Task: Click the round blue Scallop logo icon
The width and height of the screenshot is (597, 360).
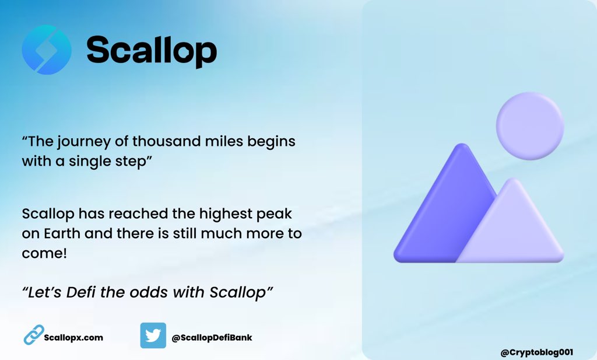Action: coord(47,50)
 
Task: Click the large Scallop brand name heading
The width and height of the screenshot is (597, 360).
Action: coord(152,50)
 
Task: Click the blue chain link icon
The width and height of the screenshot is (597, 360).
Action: coord(33,335)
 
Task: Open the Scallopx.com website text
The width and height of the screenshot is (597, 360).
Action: coord(73,337)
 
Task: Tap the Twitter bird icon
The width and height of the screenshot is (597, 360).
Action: coord(153,335)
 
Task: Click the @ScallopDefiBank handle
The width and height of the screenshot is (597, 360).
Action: coord(212,337)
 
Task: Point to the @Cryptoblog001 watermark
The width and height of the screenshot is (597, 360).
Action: coord(537,352)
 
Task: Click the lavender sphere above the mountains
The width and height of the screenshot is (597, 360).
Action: coord(529,126)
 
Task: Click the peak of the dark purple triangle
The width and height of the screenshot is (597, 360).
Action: coord(462,147)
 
